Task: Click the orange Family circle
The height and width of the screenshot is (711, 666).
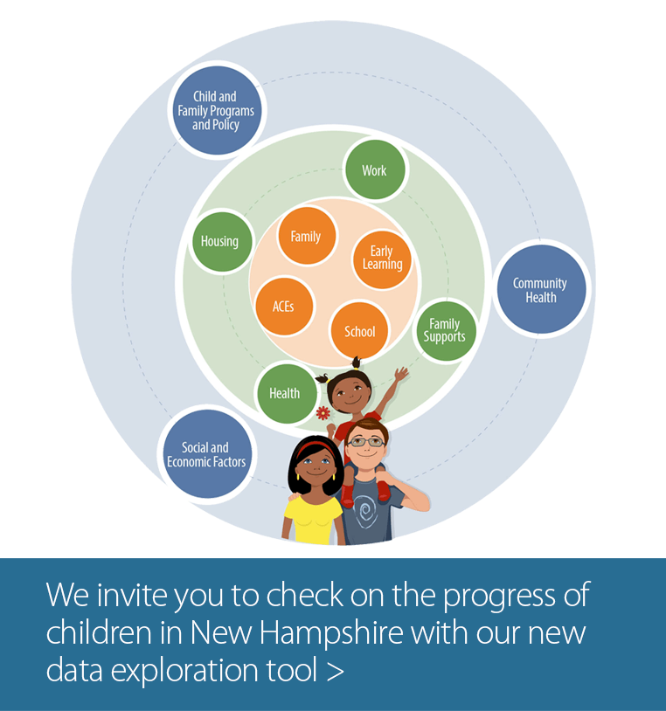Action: point(307,236)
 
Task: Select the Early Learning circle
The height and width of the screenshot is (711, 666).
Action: point(382,259)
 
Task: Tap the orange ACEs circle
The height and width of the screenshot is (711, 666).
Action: point(284,307)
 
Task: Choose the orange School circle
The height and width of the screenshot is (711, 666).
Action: point(360,331)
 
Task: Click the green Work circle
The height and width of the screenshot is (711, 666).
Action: point(375,169)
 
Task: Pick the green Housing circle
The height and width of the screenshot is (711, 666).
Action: point(221,241)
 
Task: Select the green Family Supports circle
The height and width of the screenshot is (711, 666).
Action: point(447,331)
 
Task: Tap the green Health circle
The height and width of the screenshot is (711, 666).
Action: point(287,394)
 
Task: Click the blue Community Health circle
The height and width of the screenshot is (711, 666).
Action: point(542,289)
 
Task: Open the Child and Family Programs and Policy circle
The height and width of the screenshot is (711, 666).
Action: point(217,110)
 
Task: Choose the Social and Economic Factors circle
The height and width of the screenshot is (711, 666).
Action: point(207,454)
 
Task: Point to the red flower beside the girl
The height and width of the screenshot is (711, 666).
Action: point(323,413)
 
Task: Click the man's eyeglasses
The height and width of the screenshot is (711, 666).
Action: point(366,442)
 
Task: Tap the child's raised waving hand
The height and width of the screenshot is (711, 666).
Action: point(401,375)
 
